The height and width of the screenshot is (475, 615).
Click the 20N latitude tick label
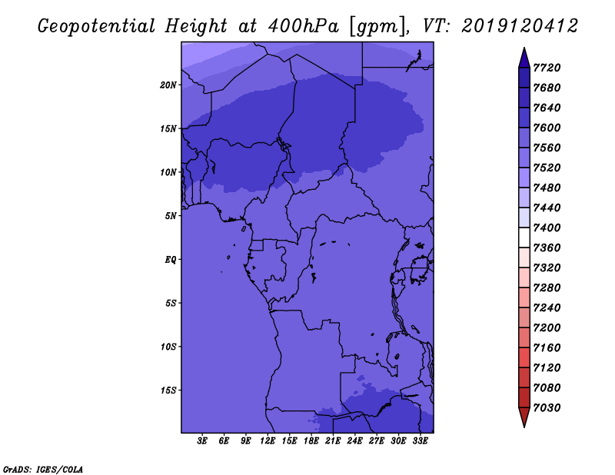click(168, 85)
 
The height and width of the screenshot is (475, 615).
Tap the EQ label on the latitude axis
click(171, 260)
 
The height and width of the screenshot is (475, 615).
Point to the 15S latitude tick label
click(168, 390)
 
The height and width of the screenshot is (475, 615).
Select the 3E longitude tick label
click(202, 441)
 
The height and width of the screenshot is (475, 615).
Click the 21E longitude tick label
click(333, 441)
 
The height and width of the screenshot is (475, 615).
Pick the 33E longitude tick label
click(420, 441)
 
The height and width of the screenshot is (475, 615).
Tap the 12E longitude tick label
click(268, 441)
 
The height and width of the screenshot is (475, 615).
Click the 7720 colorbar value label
click(547, 68)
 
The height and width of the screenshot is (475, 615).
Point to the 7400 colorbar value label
click(547, 228)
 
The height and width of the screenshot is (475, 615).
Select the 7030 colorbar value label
click(547, 408)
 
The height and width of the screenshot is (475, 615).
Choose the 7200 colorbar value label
click(547, 328)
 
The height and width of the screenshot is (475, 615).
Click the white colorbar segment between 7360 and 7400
click(524, 237)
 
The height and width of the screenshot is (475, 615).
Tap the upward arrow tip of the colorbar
click(524, 48)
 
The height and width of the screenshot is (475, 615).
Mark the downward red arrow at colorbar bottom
click(524, 417)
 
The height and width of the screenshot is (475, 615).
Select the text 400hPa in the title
click(303, 26)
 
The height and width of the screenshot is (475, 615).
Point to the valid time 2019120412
click(520, 26)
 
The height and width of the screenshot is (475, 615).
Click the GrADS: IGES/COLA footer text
click(43, 470)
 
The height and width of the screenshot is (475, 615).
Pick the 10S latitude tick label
click(168, 347)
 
